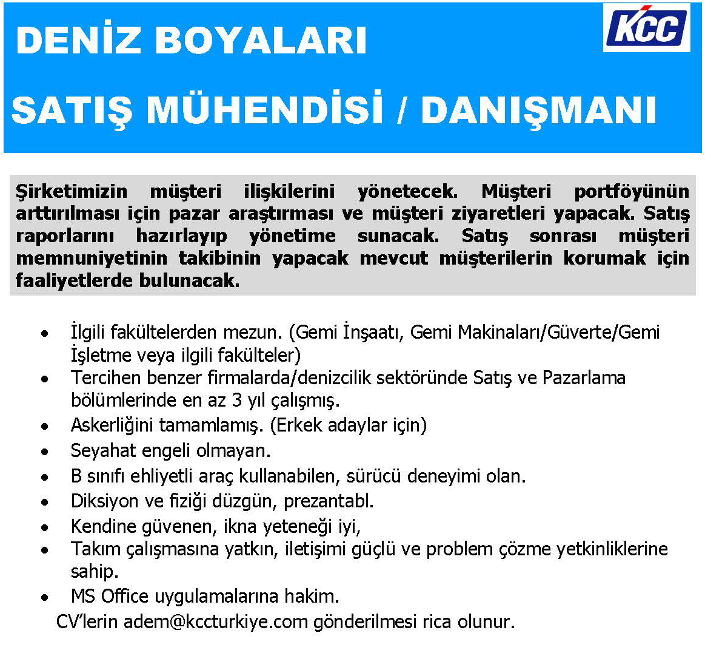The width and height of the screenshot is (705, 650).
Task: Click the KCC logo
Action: [x=647, y=27]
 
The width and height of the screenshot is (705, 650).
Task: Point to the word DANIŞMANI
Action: [x=538, y=111]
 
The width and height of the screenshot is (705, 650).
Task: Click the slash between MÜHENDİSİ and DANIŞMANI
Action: [x=401, y=110]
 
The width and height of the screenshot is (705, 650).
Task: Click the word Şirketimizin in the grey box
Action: [x=72, y=191]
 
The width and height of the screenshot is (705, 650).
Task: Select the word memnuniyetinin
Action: [x=92, y=259]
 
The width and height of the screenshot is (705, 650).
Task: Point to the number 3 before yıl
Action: [x=237, y=400]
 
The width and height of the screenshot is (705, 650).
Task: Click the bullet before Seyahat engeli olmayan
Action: [x=44, y=452]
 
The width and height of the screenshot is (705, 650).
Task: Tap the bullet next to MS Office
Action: [x=44, y=597]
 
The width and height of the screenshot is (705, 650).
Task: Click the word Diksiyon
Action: [x=104, y=501]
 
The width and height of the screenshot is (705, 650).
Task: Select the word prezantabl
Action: [x=329, y=501]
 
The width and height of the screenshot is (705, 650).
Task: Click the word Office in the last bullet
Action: [x=124, y=596]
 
